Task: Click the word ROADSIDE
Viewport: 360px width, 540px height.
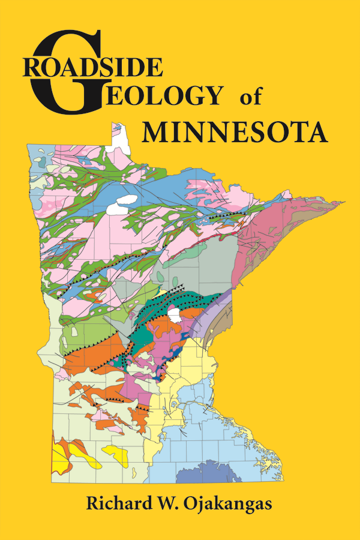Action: click(x=93, y=67)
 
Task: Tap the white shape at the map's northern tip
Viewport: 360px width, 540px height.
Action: click(x=122, y=135)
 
